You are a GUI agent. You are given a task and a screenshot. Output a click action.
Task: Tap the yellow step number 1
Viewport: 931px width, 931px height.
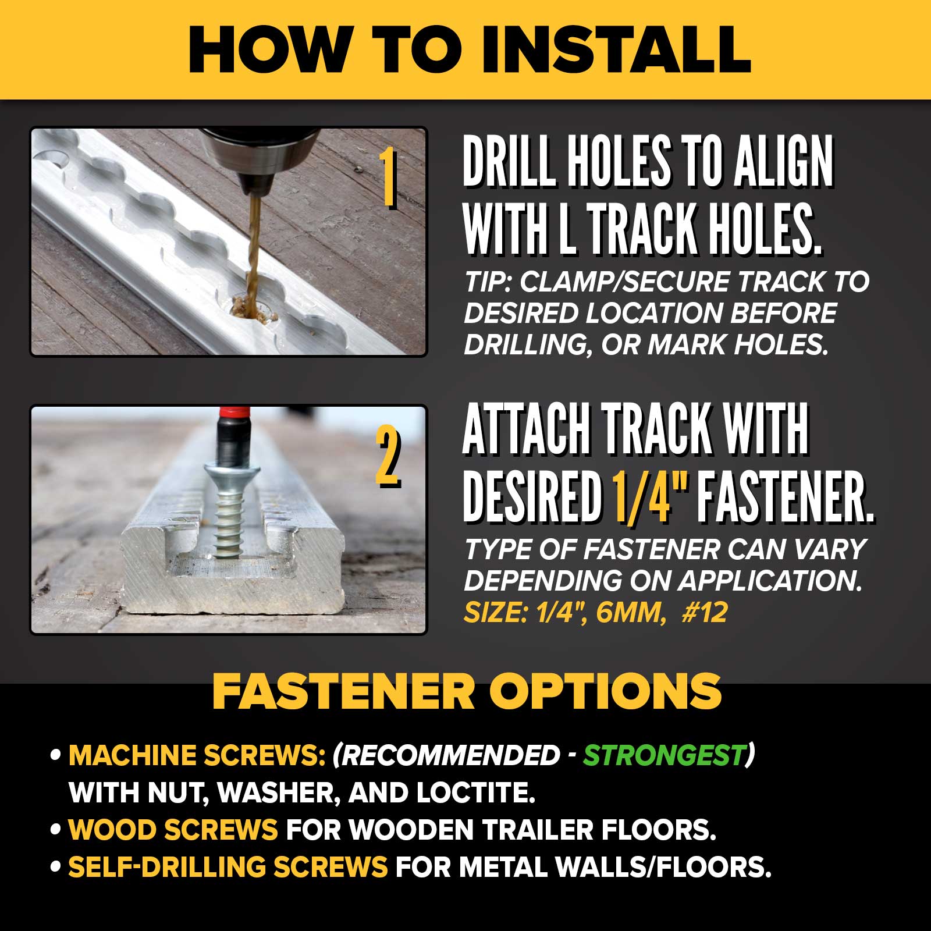(x=389, y=178)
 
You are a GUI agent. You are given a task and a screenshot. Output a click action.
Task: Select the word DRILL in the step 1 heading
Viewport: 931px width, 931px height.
(x=510, y=162)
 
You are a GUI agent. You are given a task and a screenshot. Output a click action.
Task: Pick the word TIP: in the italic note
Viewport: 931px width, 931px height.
(x=486, y=282)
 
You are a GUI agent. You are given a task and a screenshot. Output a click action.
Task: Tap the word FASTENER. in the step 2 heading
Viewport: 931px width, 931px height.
(x=786, y=498)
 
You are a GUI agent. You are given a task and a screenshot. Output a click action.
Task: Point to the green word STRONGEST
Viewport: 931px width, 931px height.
(x=665, y=755)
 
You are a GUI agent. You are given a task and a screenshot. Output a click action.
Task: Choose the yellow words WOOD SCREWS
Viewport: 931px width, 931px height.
(x=173, y=830)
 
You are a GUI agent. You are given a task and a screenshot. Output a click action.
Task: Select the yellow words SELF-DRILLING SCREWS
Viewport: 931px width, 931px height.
(x=228, y=867)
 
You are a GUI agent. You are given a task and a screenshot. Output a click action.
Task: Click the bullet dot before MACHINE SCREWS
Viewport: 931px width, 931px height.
(x=56, y=756)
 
